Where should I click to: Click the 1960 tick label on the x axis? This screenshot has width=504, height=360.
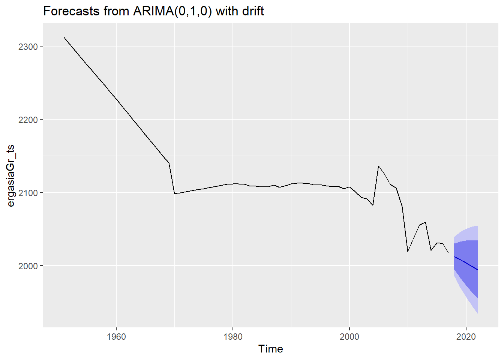tap(116, 336)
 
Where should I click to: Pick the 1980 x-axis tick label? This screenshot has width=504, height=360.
tap(233, 336)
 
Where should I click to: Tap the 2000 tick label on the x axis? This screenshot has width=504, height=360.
tap(349, 336)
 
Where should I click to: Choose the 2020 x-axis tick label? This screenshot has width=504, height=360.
tap(466, 336)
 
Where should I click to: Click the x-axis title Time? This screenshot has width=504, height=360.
tap(270, 349)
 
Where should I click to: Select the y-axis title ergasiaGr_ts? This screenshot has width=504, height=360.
tap(11, 175)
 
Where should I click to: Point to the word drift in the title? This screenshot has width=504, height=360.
tap(252, 11)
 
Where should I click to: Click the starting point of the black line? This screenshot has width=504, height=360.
tap(64, 37)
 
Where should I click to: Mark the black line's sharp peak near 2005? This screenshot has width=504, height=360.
tap(379, 166)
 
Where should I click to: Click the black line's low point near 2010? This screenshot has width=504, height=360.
tap(408, 251)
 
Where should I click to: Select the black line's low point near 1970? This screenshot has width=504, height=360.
tap(175, 193)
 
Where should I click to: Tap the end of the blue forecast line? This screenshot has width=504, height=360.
tap(478, 270)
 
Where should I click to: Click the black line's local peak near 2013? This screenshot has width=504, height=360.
tap(425, 222)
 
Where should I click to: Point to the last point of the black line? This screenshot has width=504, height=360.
tap(448, 253)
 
